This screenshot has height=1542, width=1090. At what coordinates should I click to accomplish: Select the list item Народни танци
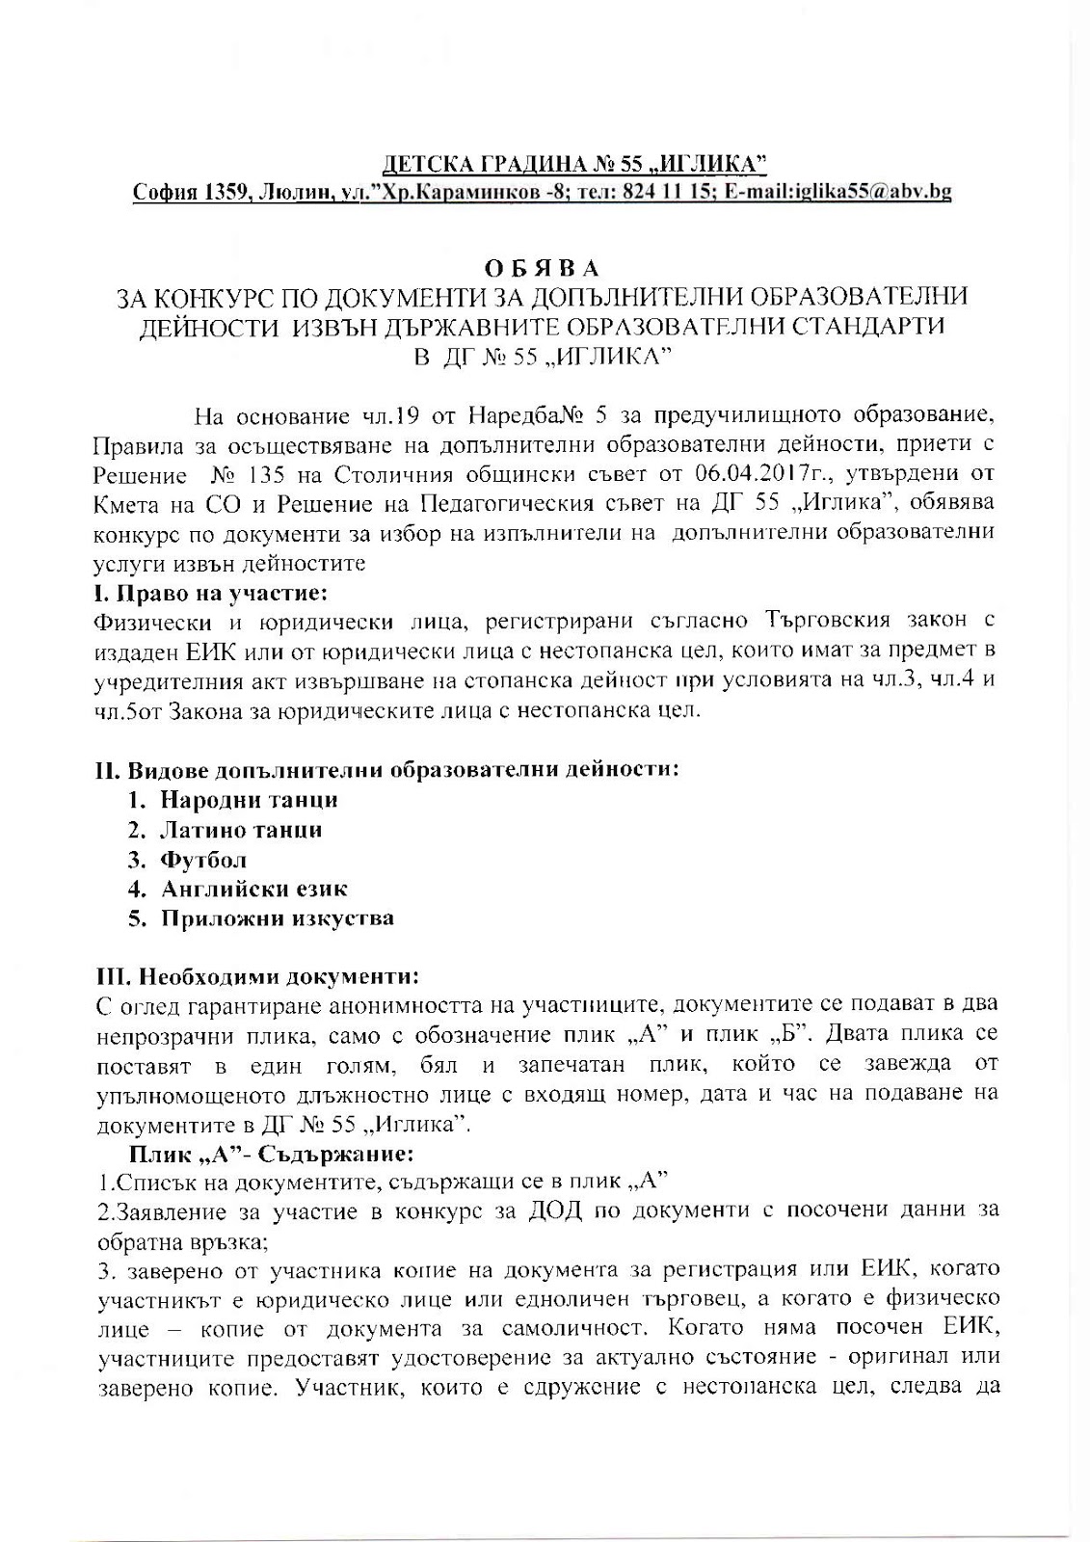[x=249, y=800]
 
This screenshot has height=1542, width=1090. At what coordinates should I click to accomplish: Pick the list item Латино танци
[x=241, y=830]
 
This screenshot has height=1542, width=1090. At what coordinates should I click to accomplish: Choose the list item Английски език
[x=253, y=889]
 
